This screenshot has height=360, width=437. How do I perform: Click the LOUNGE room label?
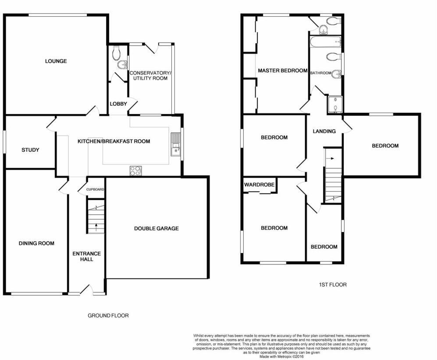[x=56, y=61]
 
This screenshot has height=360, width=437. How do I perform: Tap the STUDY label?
[x=30, y=150]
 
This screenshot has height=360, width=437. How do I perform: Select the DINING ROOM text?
[x=36, y=243]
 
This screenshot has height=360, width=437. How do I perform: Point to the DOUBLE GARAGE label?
[x=156, y=228]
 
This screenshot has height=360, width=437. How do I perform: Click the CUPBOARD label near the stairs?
[x=95, y=189]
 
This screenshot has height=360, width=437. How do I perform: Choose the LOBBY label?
[x=118, y=104]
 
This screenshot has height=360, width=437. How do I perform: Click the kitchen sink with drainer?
[x=176, y=145]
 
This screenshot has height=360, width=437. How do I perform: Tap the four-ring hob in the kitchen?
[x=135, y=171]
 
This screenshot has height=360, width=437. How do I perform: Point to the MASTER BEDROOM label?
[x=282, y=71]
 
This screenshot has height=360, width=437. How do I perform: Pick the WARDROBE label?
[x=259, y=185]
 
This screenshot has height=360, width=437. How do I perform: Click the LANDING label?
[x=324, y=131]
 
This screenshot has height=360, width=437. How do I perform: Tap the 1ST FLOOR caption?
[x=332, y=285]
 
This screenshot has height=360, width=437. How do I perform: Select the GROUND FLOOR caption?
[x=108, y=315]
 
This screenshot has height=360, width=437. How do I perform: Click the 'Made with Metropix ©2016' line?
[x=281, y=356]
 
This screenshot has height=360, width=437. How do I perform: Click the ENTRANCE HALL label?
[x=86, y=256]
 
